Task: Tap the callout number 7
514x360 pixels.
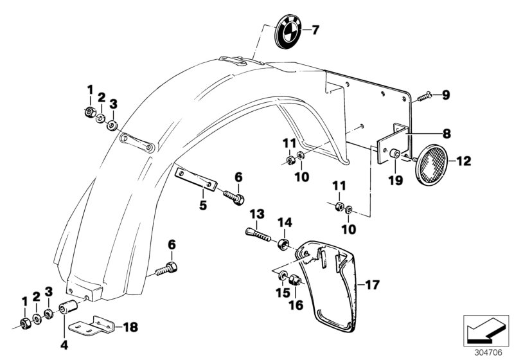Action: (315, 30)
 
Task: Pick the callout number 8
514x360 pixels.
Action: (445, 134)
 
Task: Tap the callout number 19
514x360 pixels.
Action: (395, 181)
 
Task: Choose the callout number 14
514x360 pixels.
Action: (284, 222)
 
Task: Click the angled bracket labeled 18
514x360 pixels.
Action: (93, 325)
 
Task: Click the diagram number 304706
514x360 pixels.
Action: (490, 352)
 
